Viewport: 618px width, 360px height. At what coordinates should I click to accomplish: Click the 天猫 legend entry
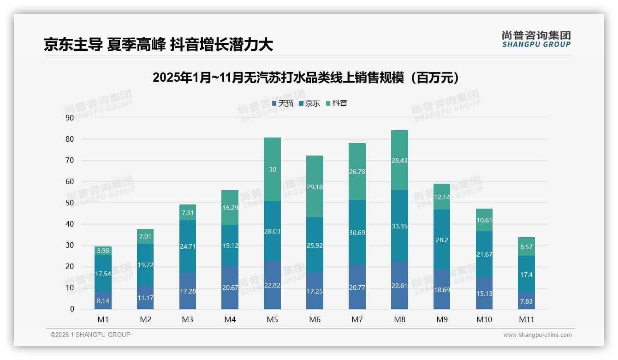point(282,103)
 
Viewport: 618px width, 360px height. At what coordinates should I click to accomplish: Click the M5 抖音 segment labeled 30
point(272,169)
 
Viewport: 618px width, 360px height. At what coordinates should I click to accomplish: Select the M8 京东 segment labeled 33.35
point(399,226)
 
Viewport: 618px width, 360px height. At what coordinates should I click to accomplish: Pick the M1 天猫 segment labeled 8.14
point(103,300)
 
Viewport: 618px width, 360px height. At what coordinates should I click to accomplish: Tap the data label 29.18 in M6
point(315,187)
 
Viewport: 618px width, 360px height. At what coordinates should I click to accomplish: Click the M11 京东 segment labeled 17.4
point(526,274)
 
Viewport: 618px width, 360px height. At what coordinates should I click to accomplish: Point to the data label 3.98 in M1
point(103,251)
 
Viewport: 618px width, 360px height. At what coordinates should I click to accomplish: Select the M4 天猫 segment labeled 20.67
point(230,287)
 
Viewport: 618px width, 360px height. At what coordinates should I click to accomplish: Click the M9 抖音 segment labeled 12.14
point(442,197)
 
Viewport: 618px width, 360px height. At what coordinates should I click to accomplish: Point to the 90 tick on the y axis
point(70,118)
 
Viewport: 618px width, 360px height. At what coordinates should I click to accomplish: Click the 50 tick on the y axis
point(70,203)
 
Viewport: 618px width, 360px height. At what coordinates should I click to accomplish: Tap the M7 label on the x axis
point(357,319)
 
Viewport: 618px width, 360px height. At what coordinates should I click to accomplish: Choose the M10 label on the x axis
point(484,319)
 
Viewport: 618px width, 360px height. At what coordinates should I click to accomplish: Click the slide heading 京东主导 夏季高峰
point(158,45)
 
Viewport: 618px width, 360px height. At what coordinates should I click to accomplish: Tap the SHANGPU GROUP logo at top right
point(536,39)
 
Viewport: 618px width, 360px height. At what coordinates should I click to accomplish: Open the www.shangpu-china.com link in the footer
point(537,335)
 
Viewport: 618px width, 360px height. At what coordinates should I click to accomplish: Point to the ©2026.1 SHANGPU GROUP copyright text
point(90,335)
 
